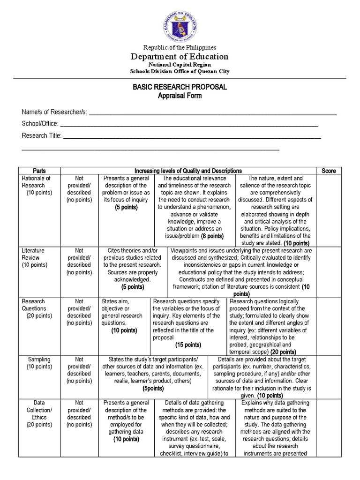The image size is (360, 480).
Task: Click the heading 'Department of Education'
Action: tap(180, 56)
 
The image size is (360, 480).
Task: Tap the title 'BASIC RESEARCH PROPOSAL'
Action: tap(180, 87)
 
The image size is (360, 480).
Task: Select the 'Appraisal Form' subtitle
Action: tap(180, 96)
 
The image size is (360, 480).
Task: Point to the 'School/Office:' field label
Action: tap(40, 123)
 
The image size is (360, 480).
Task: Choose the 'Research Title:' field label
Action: tap(42, 135)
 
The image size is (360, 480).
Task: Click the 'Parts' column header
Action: tap(39, 171)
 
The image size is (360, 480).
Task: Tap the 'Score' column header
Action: tap(329, 171)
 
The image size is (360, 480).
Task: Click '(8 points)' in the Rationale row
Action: tap(212, 236)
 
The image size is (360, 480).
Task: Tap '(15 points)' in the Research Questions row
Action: tap(188, 345)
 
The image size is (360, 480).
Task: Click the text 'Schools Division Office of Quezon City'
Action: tap(180, 71)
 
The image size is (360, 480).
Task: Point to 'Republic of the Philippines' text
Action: tap(180, 47)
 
